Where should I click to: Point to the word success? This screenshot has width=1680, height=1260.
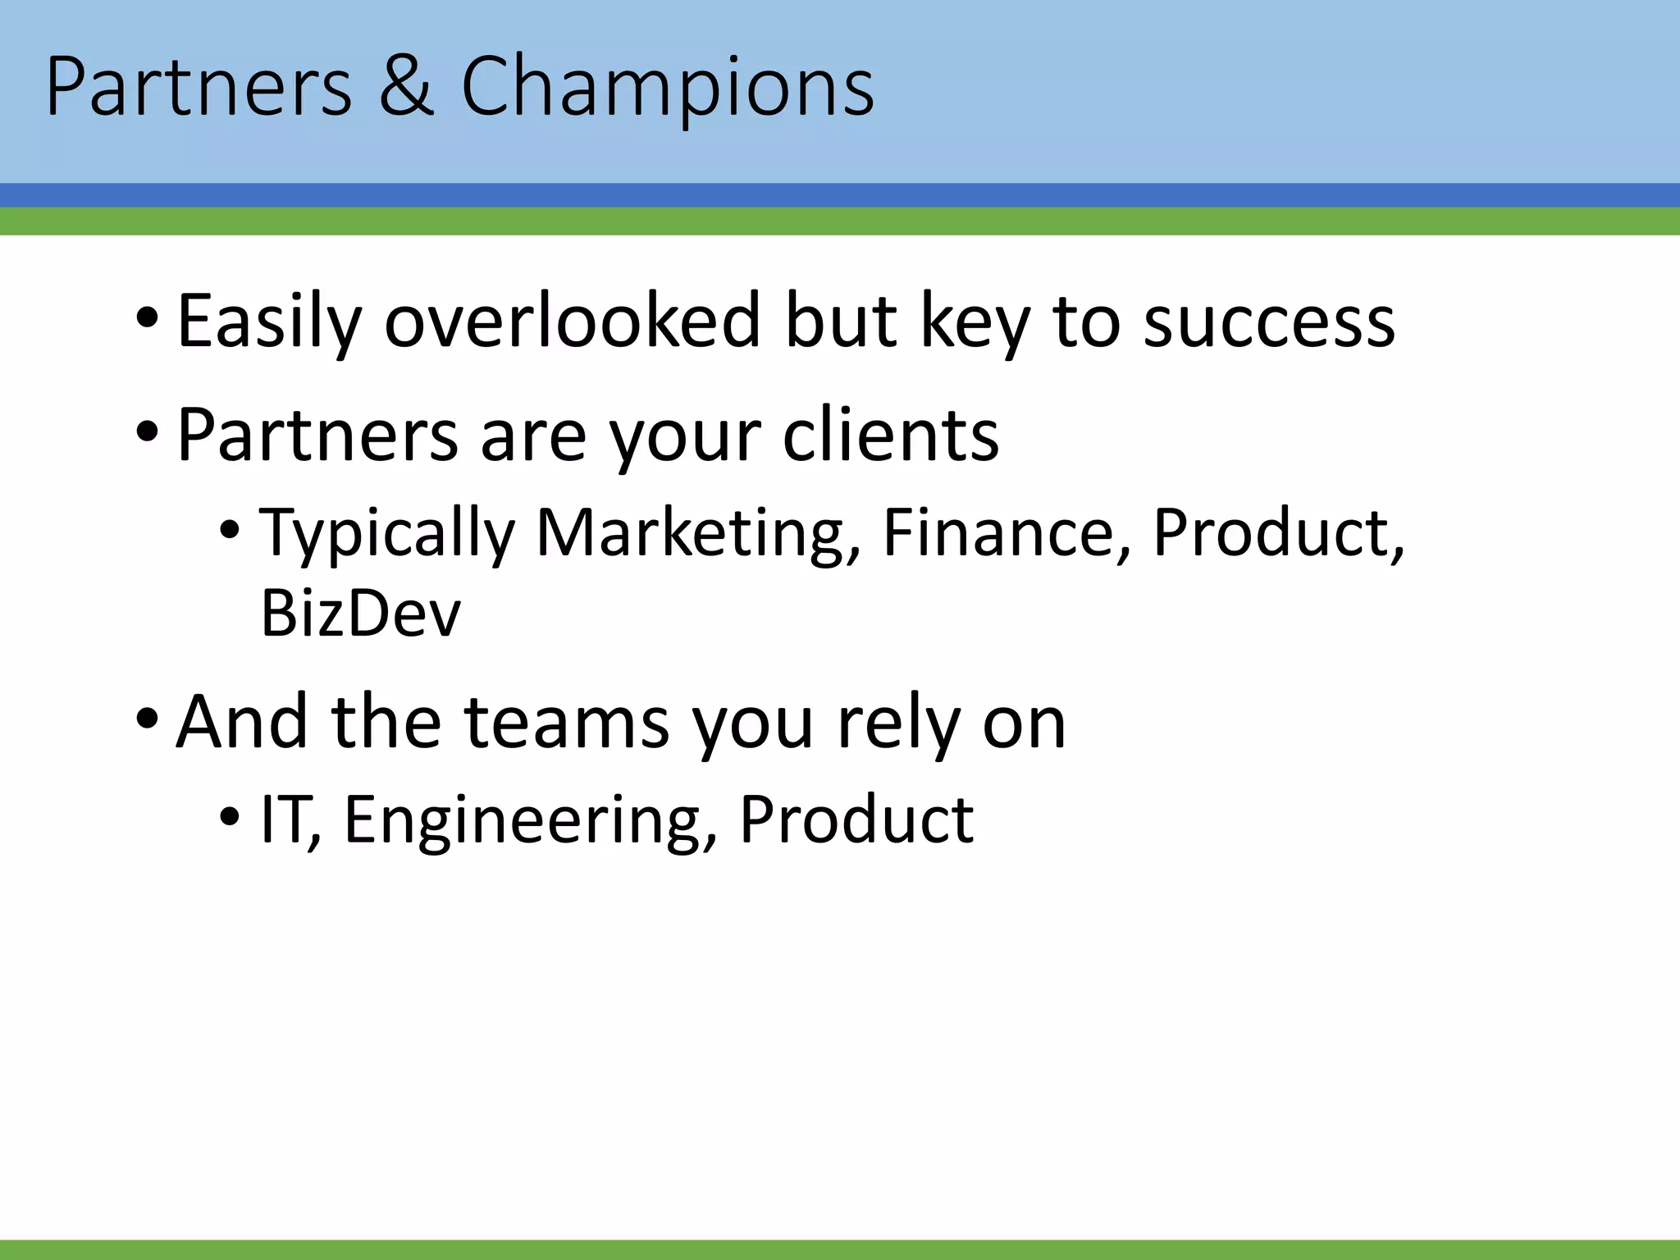[1269, 322]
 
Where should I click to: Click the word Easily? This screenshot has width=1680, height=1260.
[269, 322]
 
